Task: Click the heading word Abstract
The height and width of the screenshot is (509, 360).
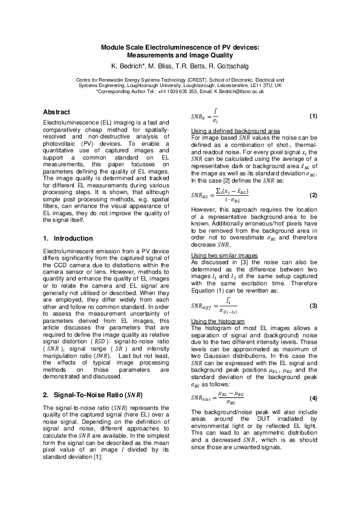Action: pyautogui.click(x=56, y=112)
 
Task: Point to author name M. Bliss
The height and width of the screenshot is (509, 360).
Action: pyautogui.click(x=160, y=65)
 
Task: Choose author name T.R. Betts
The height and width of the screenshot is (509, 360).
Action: pyautogui.click(x=193, y=65)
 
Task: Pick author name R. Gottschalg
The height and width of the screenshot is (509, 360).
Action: pyautogui.click(x=232, y=65)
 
